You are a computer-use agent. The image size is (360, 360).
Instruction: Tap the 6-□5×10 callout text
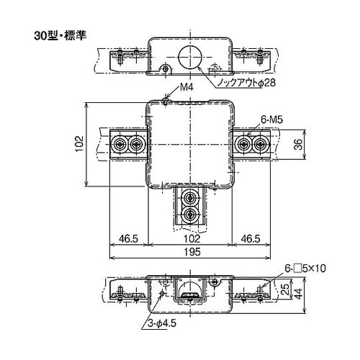[x=305, y=268]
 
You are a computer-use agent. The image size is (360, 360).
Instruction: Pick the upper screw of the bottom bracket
[x=190, y=197]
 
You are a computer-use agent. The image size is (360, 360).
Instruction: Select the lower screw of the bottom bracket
[x=190, y=214]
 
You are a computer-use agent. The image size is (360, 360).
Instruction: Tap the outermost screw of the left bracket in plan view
[x=118, y=144]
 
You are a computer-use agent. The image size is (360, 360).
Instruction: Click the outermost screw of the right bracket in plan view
[x=261, y=144]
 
